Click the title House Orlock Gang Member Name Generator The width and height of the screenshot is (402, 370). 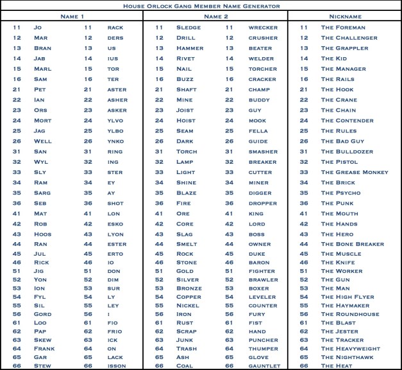201,6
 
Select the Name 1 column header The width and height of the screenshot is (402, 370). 72,15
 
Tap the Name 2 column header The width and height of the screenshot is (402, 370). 215,15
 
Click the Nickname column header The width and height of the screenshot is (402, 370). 345,15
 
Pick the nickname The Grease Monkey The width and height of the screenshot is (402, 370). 355,172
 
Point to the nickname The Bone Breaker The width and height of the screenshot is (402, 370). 352,244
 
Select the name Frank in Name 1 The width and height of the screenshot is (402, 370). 44,348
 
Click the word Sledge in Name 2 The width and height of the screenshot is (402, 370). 188,28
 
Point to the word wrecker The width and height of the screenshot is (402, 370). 263,28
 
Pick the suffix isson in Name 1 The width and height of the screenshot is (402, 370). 116,366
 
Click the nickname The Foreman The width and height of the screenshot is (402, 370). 343,28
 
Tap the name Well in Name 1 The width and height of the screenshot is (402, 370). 43,141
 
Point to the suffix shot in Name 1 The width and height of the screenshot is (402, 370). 115,203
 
